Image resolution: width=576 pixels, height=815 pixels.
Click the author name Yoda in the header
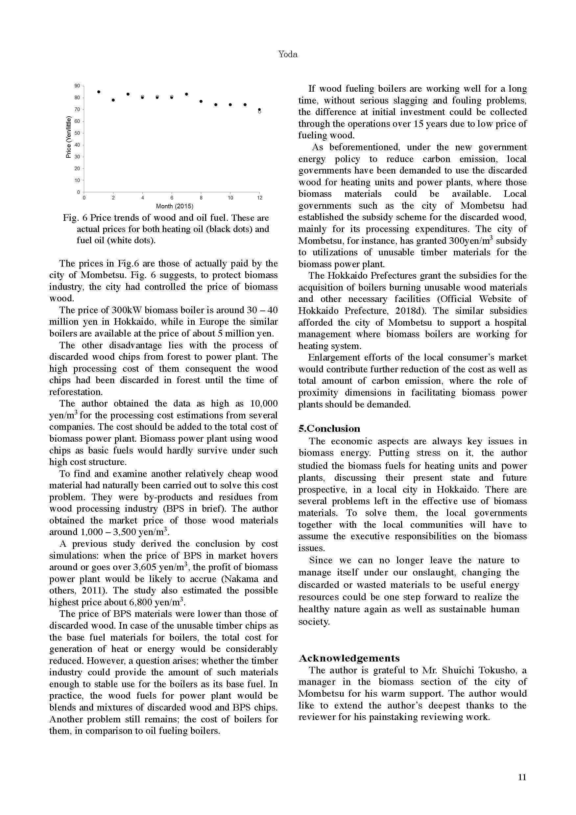(288, 54)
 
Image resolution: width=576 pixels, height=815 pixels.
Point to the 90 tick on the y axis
(77, 86)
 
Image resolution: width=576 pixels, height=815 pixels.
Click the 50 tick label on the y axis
(77, 133)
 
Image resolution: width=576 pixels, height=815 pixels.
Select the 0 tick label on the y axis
(78, 192)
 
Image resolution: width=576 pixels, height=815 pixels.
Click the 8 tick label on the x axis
(201, 198)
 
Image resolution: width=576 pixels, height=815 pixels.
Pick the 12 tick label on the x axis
(260, 198)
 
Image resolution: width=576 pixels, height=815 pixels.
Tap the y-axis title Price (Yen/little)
(68, 137)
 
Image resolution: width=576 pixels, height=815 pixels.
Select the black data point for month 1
(99, 92)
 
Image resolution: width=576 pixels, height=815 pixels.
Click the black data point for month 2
(113, 100)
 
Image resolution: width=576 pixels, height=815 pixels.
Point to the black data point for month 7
(186, 94)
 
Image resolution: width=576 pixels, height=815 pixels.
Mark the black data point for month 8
(201, 101)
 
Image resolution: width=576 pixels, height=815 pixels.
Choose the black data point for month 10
(230, 105)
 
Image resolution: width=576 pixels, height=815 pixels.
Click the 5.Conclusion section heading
(329, 429)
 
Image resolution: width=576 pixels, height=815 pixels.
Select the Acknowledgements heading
(349, 659)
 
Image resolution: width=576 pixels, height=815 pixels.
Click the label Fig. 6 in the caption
(75, 218)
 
